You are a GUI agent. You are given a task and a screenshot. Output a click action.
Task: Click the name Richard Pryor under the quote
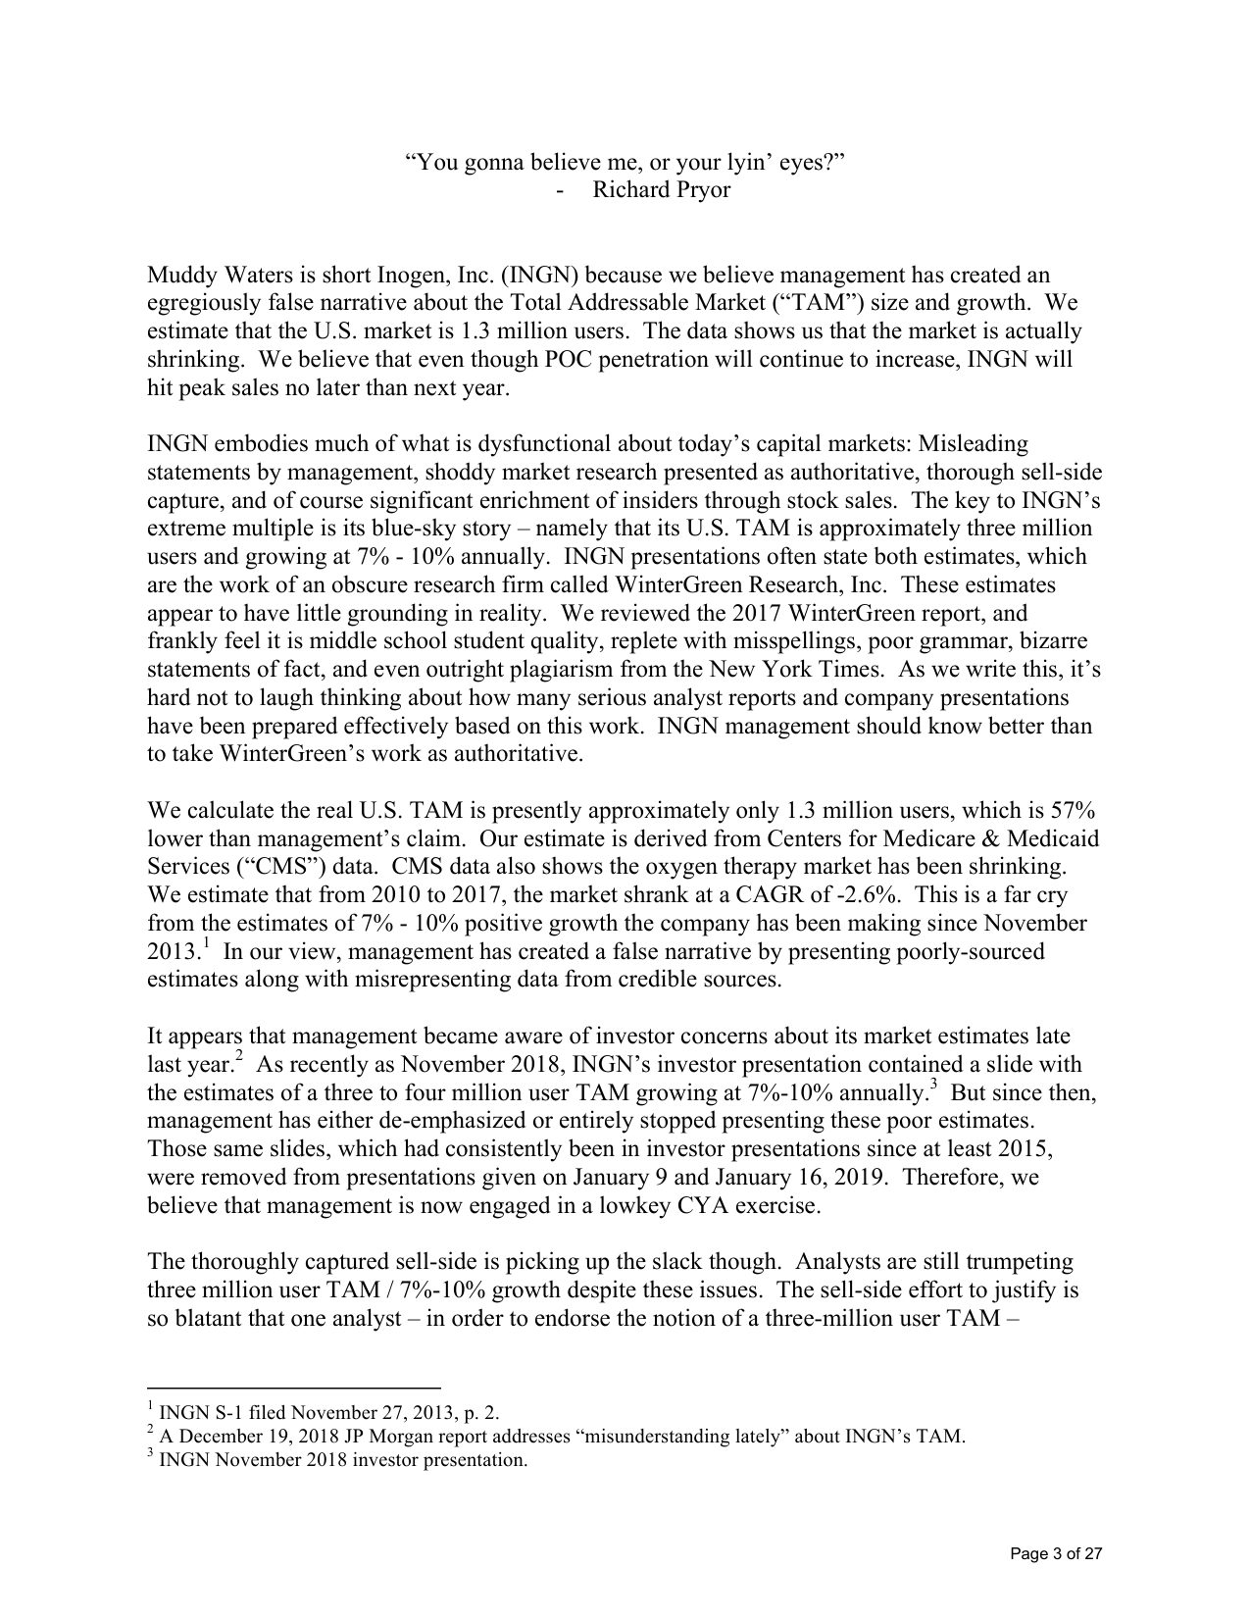661,189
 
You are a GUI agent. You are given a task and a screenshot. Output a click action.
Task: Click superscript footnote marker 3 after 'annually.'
933,1087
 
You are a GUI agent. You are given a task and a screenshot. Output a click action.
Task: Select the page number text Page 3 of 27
1057,1553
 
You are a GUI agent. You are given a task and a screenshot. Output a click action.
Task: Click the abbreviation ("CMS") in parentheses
281,867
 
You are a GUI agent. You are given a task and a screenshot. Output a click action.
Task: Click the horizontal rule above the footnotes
293,1388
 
